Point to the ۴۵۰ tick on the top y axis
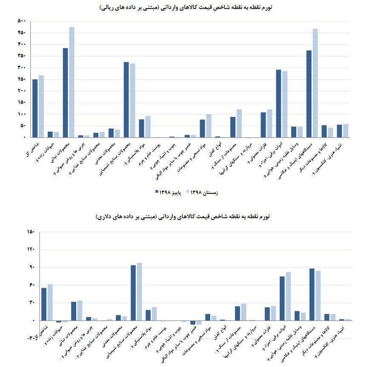click(22, 33)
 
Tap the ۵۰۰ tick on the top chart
click(22, 21)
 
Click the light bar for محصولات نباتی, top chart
click(72, 82)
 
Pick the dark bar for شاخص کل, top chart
click(35, 108)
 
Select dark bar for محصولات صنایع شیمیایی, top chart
click(126, 100)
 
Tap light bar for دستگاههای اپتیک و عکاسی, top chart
click(315, 83)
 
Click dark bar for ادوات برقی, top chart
click(278, 104)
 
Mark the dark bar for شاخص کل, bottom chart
click(44, 304)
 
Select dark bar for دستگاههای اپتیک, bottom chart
click(312, 295)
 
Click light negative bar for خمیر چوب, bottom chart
click(199, 323)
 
